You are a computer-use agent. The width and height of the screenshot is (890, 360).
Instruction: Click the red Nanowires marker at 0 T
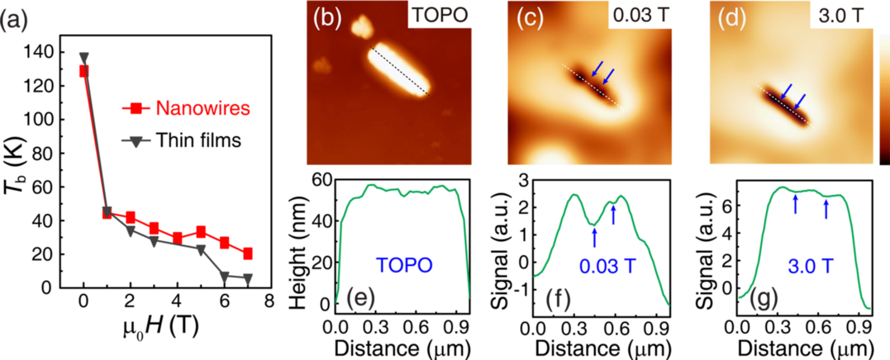pyautogui.click(x=84, y=71)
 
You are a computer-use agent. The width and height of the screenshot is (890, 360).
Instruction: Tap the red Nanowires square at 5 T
pyautogui.click(x=201, y=232)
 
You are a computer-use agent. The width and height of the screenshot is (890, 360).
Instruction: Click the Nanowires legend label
pyautogui.click(x=203, y=108)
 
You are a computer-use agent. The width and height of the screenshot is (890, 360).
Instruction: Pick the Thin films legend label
pyautogui.click(x=198, y=141)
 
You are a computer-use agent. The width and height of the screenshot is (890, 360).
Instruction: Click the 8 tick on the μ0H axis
pyautogui.click(x=269, y=301)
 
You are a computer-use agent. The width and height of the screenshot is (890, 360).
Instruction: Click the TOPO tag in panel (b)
pyautogui.click(x=440, y=16)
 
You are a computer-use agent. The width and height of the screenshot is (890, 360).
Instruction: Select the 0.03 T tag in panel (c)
pyautogui.click(x=640, y=16)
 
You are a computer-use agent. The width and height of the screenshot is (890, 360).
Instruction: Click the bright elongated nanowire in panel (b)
pyautogui.click(x=398, y=70)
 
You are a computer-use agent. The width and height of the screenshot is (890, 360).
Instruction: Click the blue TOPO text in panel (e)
pyautogui.click(x=404, y=265)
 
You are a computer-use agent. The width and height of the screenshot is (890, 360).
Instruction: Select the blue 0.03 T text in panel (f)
pyautogui.click(x=607, y=266)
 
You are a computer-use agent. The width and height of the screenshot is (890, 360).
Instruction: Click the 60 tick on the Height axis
pyautogui.click(x=322, y=180)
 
